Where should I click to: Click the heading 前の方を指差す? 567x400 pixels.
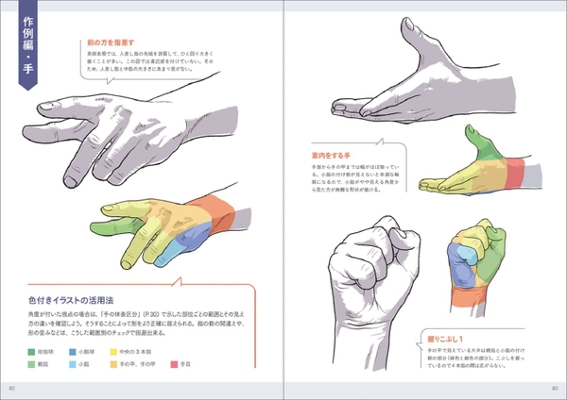click(x=112, y=42)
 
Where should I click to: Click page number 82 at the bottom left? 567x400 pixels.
click(x=12, y=388)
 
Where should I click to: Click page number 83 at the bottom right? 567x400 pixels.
click(x=555, y=388)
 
